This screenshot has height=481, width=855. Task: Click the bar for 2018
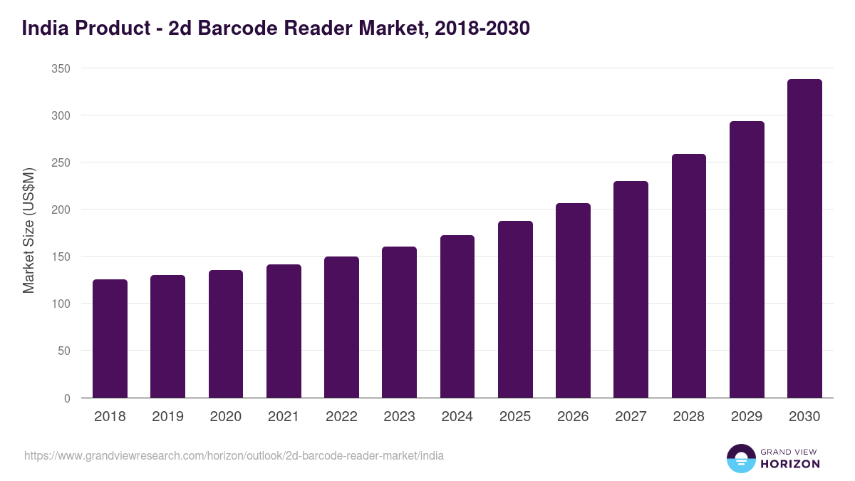click(x=110, y=338)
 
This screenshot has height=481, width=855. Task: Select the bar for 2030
click(x=804, y=239)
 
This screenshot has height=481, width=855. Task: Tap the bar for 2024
click(x=457, y=316)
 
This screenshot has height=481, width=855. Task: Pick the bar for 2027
click(x=631, y=289)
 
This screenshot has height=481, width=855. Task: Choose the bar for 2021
click(x=284, y=331)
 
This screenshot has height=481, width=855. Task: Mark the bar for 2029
click(x=747, y=259)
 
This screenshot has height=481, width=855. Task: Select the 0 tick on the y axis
click(x=67, y=398)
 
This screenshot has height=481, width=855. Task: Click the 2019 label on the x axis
click(x=167, y=417)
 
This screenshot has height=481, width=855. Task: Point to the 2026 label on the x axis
click(x=573, y=417)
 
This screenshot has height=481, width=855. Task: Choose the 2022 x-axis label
click(x=341, y=417)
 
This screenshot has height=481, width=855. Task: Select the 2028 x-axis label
click(x=689, y=417)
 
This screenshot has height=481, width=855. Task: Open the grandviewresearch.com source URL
click(x=234, y=455)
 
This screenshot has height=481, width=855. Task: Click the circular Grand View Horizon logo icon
click(x=741, y=458)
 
